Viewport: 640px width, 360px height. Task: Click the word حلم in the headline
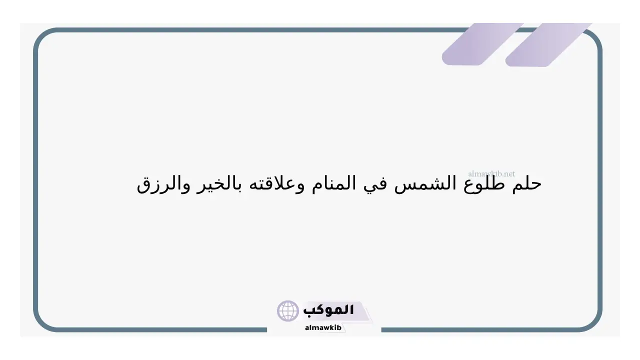pyautogui.click(x=527, y=183)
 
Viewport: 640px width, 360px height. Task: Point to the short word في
pyautogui.click(x=375, y=185)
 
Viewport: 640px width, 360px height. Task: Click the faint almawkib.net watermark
pyautogui.click(x=491, y=173)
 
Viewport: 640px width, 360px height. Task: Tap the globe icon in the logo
pyautogui.click(x=287, y=310)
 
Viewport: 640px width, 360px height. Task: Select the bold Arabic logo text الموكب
pyautogui.click(x=328, y=310)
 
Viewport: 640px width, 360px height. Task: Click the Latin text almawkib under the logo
pyautogui.click(x=323, y=327)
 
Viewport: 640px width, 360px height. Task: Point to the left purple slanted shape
pyautogui.click(x=483, y=44)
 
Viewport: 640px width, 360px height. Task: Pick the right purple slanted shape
pyautogui.click(x=548, y=45)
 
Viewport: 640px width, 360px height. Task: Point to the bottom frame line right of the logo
pyautogui.click(x=480, y=329)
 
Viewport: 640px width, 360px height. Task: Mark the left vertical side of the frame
pyautogui.click(x=35, y=180)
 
